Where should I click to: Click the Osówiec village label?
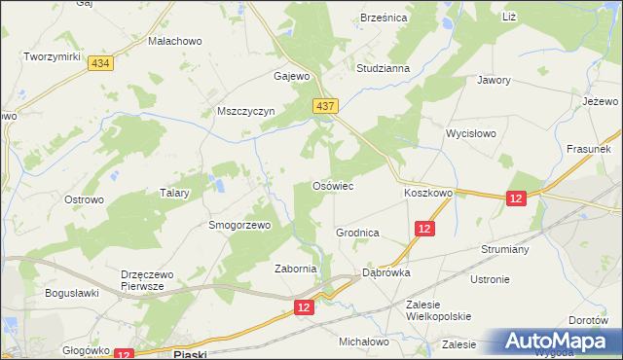331,185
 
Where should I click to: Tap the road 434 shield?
98,62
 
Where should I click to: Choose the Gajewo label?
292,76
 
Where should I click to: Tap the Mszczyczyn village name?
247,111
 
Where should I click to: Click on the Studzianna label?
383,69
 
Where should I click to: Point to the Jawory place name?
494,81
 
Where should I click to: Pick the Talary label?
173,193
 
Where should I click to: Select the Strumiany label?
503,248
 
